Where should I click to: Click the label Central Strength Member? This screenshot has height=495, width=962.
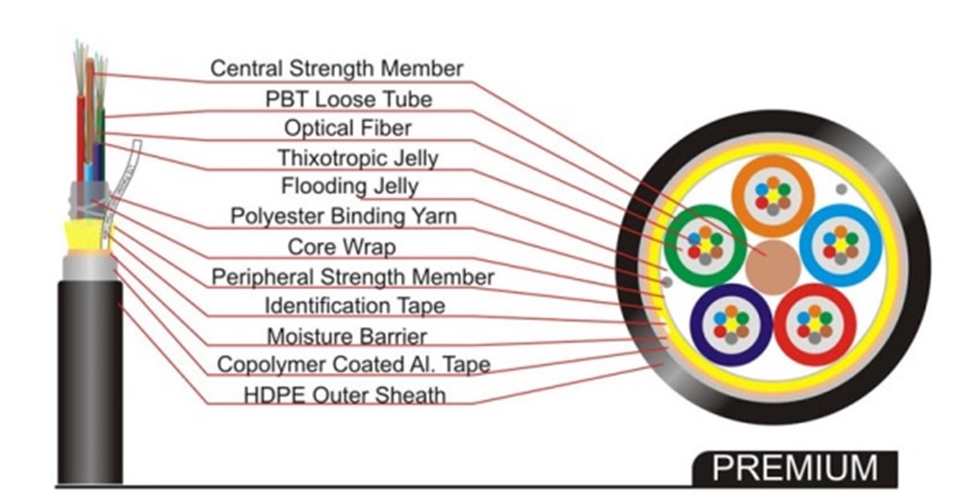[336, 67]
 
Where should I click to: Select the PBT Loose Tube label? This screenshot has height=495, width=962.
[349, 97]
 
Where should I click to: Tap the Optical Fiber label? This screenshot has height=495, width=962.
[347, 127]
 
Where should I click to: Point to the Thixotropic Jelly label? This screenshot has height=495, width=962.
[358, 157]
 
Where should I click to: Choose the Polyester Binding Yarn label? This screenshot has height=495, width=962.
[343, 217]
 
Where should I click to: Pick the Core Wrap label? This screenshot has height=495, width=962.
[342, 247]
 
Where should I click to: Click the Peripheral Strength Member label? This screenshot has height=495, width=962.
[353, 276]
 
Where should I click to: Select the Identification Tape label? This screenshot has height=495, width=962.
[354, 305]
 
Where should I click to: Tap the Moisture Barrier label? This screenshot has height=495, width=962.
[347, 335]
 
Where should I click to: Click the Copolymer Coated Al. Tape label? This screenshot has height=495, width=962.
[353, 365]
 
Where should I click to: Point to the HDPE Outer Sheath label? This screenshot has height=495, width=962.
[345, 395]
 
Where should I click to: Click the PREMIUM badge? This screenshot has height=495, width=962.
[794, 467]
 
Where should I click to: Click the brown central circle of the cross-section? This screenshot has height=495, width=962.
[773, 266]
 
